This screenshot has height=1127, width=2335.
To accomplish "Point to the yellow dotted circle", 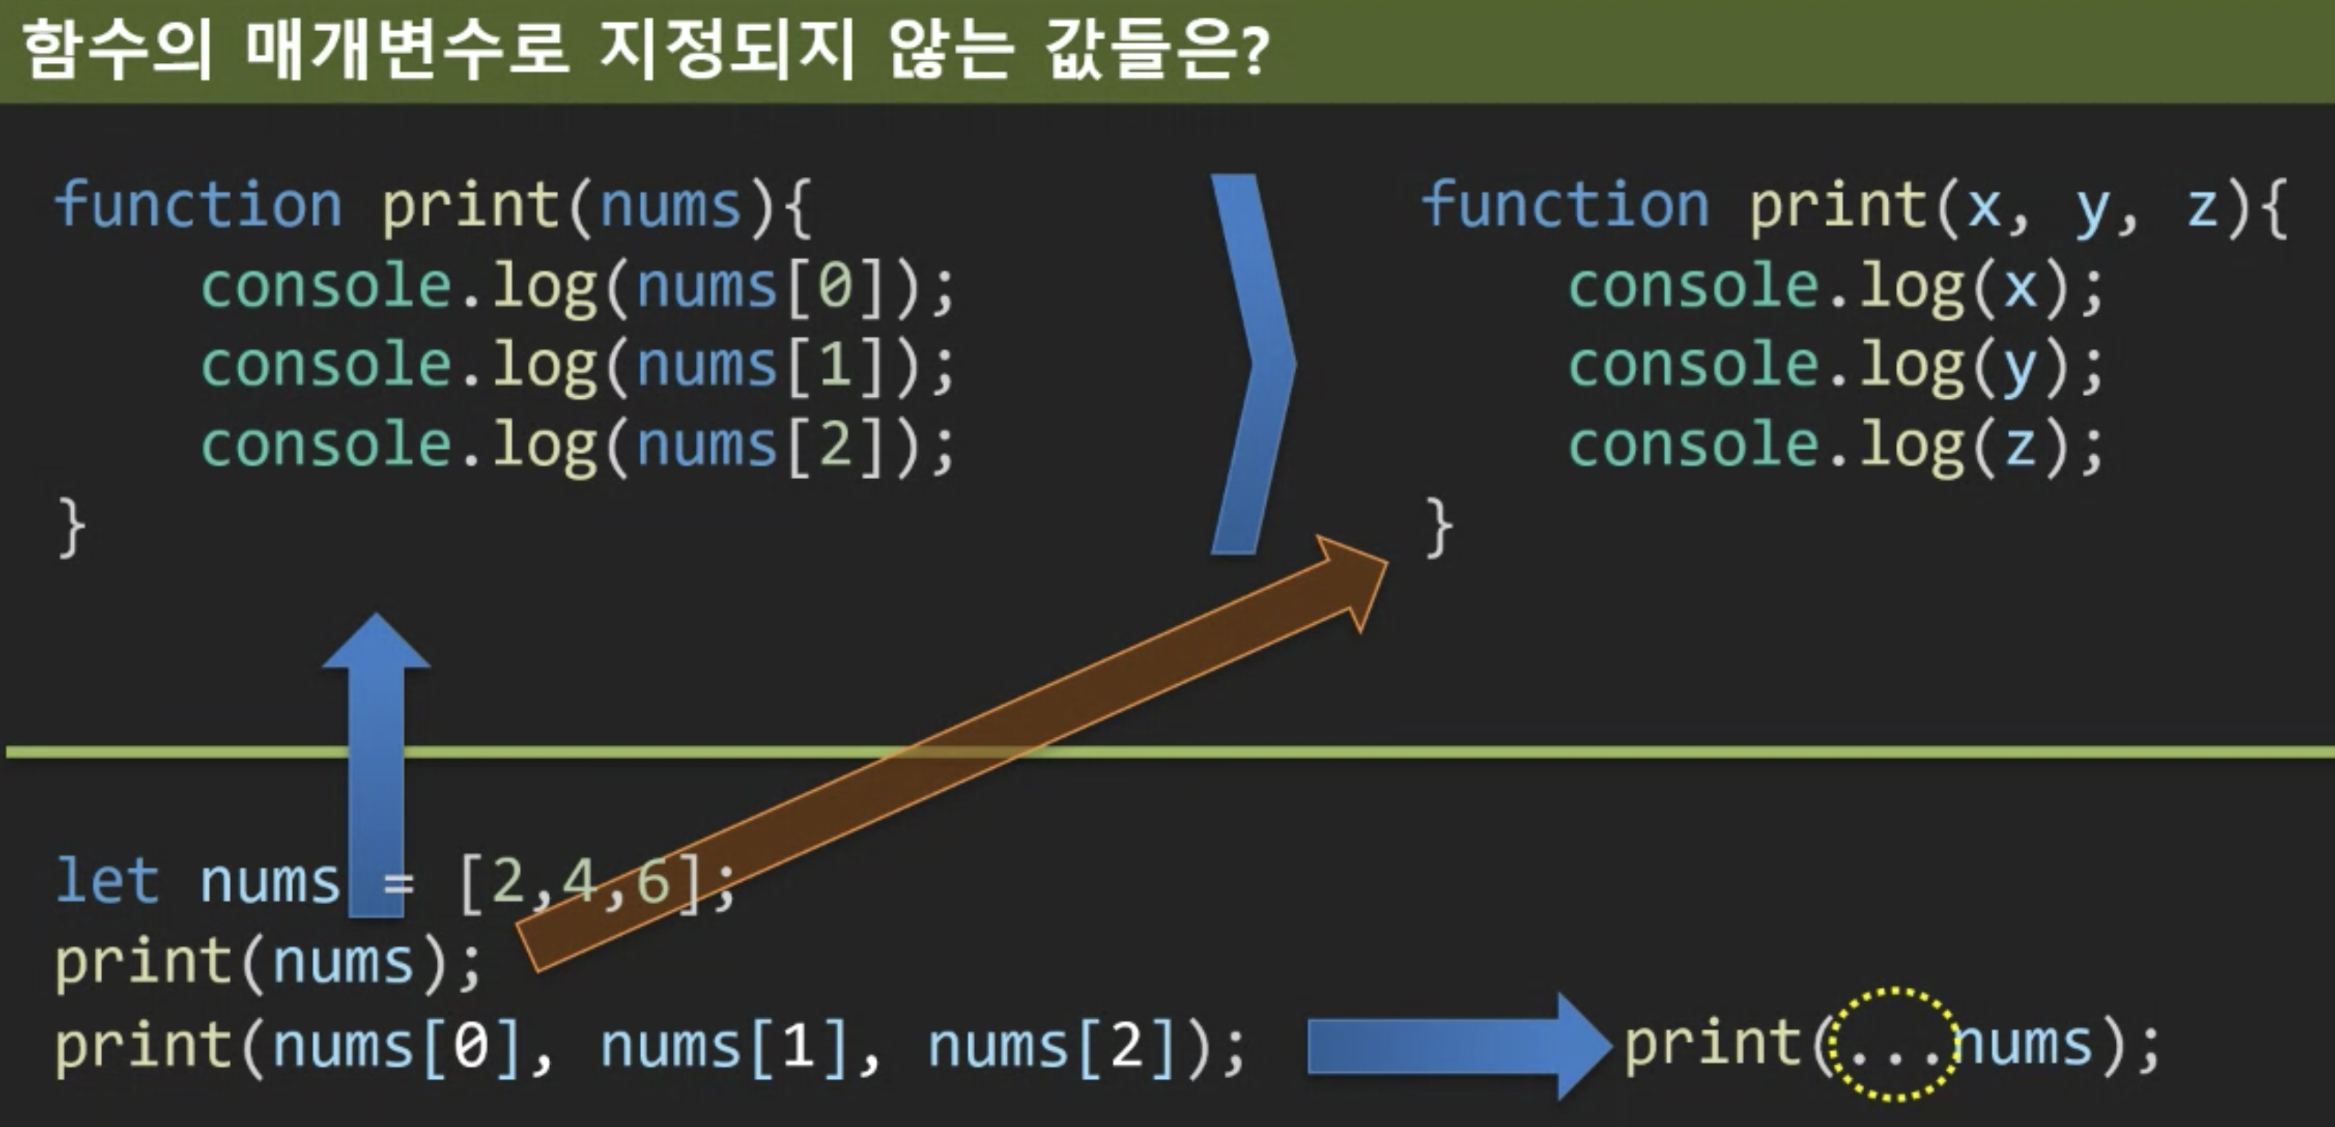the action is tap(1891, 1043).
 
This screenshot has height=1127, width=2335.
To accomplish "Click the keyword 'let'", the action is tap(107, 880).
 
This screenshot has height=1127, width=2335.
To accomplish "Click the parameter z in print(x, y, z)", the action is tap(2202, 206).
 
